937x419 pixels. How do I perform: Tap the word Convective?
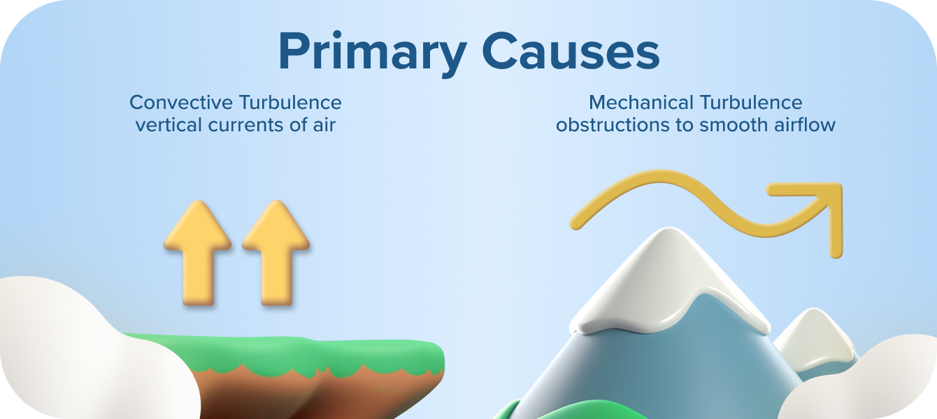tap(181, 103)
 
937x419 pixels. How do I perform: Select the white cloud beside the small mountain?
tap(874, 381)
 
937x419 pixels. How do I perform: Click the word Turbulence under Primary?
tap(290, 103)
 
